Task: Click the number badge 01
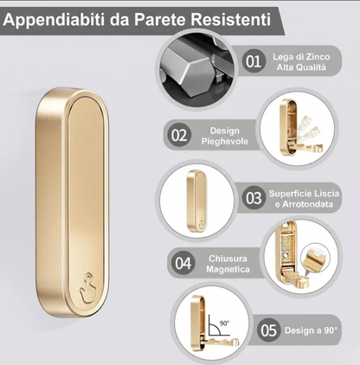pos(254,61)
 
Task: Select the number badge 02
pos(179,135)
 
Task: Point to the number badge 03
pos(254,198)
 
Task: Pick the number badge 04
pos(183,263)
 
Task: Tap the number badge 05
pos(268,330)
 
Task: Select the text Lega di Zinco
pos(301,56)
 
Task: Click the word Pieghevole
pos(225,141)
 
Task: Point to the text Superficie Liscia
pos(304,193)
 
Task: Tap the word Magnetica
pos(228,269)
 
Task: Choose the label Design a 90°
pos(311,330)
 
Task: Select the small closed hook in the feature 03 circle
pos(196,201)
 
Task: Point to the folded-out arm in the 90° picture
pos(223,342)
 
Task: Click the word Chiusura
pos(228,259)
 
